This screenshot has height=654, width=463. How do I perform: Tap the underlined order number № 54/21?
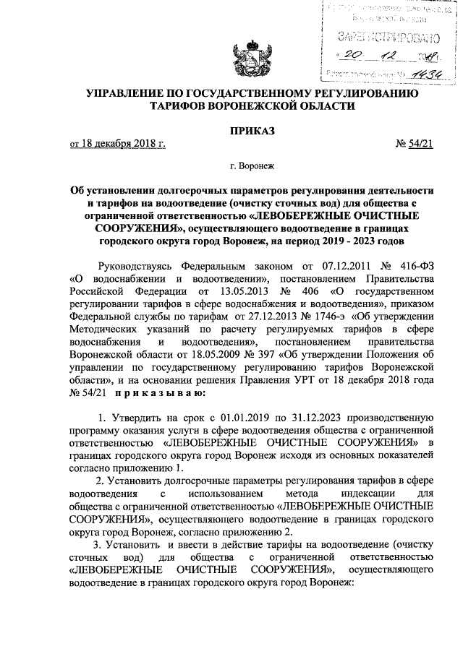415,144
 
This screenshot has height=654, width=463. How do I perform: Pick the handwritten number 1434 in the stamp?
422,73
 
